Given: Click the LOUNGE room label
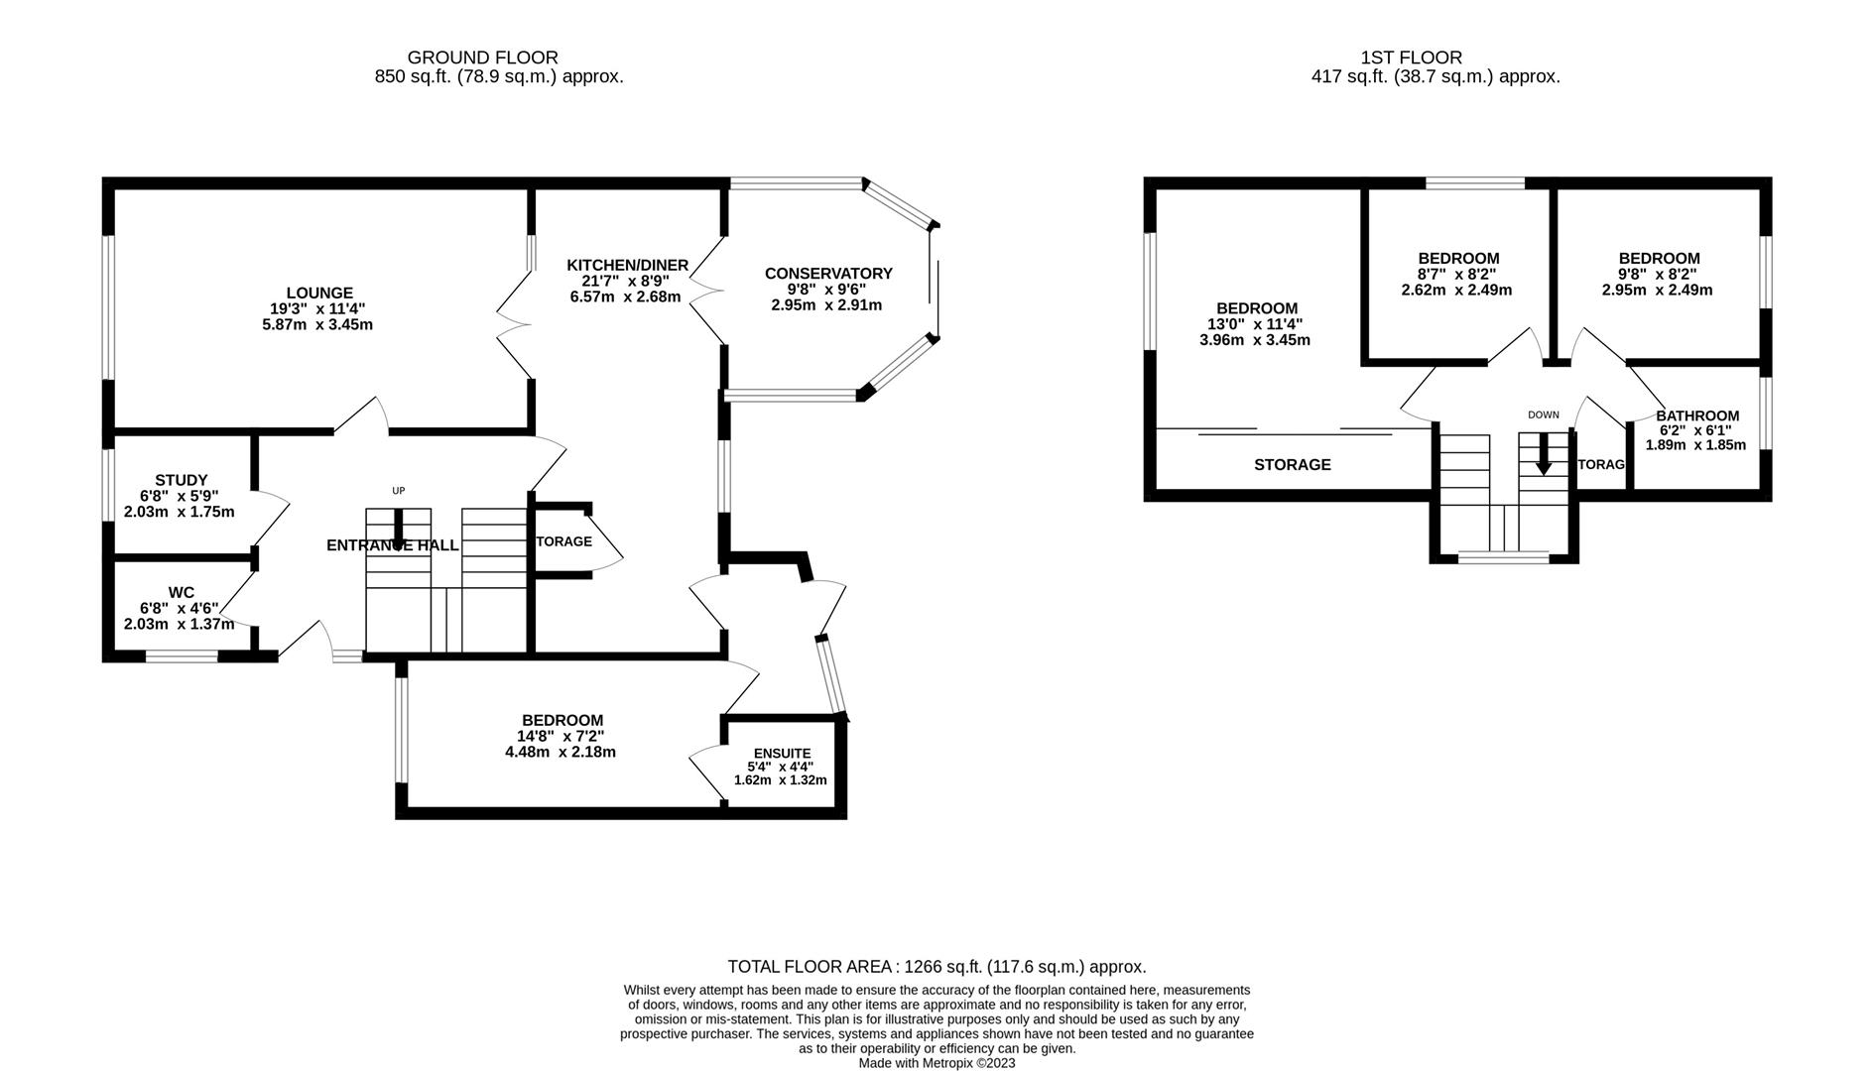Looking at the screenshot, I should pyautogui.click(x=319, y=293).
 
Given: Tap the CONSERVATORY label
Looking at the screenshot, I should pyautogui.click(x=828, y=274).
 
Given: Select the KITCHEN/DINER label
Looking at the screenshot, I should pyautogui.click(x=627, y=265).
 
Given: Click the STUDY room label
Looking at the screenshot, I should pyautogui.click(x=181, y=480).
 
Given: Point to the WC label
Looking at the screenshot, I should pyautogui.click(x=181, y=592).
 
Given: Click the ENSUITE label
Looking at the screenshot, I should pyautogui.click(x=782, y=753).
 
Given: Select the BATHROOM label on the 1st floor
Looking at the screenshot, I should pyautogui.click(x=1696, y=416).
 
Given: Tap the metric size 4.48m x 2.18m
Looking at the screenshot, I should pyautogui.click(x=560, y=752).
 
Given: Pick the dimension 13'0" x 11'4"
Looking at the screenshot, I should pyautogui.click(x=1254, y=324).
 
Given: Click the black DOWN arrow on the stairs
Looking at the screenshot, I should pyautogui.click(x=1543, y=458).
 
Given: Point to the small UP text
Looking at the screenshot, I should pyautogui.click(x=399, y=491).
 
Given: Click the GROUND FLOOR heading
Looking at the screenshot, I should pyautogui.click(x=482, y=58).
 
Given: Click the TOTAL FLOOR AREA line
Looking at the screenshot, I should pyautogui.click(x=937, y=966).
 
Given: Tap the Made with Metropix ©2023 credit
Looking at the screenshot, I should pyautogui.click(x=937, y=1063).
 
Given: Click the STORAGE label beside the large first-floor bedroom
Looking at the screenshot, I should pyautogui.click(x=1292, y=464).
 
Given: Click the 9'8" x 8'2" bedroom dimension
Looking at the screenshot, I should pyautogui.click(x=1658, y=275).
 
